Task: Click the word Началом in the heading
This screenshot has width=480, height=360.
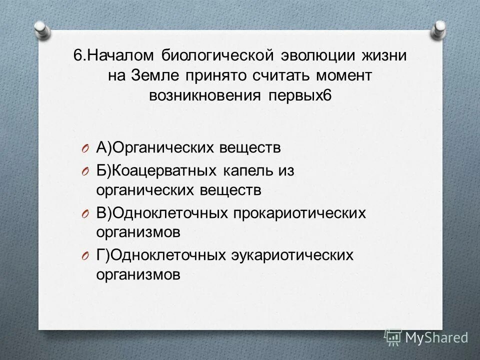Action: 117,56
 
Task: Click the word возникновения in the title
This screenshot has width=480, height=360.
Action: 202,95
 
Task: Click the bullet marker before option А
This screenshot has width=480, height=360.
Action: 85,148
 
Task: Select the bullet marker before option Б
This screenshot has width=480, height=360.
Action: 85,171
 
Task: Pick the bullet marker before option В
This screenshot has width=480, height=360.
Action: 85,214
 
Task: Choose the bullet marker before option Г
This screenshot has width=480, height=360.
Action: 85,256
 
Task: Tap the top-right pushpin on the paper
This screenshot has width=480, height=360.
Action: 438,29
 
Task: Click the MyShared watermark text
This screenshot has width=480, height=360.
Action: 435,337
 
